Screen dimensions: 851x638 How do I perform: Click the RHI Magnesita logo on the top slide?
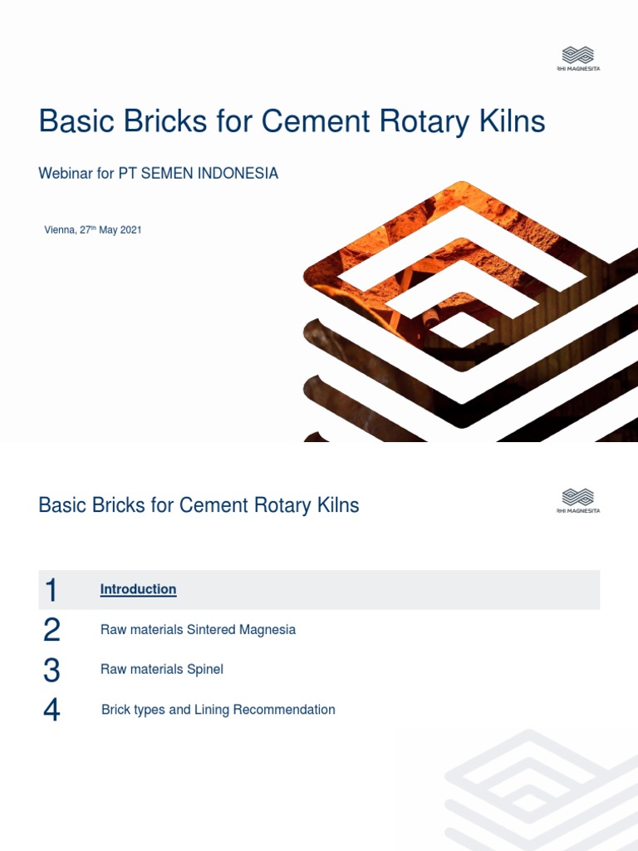coord(578,58)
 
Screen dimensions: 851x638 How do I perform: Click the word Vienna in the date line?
coord(60,229)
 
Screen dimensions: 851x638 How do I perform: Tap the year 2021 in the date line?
coord(131,229)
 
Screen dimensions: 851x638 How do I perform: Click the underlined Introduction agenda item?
coord(138,589)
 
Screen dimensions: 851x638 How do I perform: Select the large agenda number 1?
coord(52,591)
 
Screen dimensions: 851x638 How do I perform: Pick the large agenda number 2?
coord(52,631)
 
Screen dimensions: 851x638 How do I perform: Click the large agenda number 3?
coord(52,671)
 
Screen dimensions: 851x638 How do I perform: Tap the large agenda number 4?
coord(52,711)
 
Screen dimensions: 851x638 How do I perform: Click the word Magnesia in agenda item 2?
coord(267,630)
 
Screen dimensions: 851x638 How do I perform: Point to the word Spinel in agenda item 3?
coord(205,669)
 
